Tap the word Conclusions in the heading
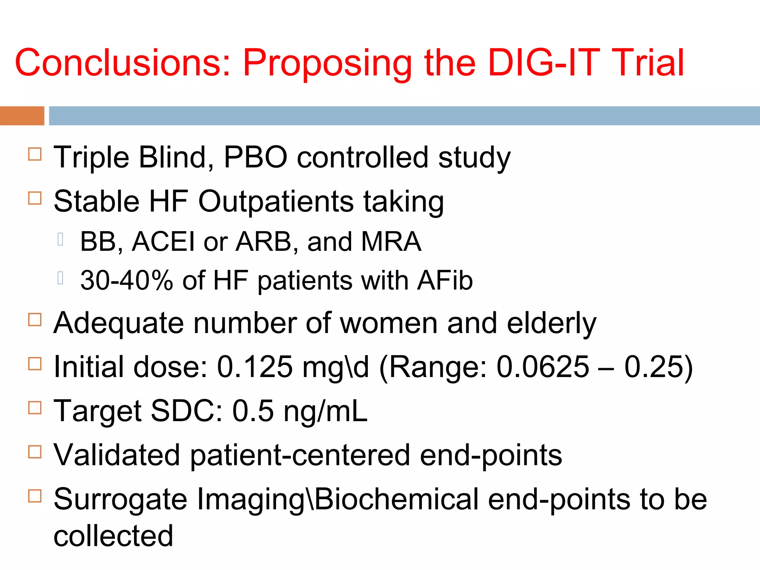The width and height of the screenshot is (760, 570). [x=122, y=63]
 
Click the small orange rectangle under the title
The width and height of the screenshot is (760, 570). [x=22, y=116]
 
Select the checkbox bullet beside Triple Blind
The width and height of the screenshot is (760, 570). [x=35, y=154]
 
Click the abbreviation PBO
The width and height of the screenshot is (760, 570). [x=256, y=157]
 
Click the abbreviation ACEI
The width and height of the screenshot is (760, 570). [x=163, y=242]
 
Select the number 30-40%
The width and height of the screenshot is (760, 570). [x=127, y=281]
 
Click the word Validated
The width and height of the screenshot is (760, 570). [x=117, y=455]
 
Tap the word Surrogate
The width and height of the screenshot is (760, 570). [x=120, y=499]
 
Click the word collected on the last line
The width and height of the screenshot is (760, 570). [x=114, y=536]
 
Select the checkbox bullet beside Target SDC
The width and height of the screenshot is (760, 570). [x=35, y=408]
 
